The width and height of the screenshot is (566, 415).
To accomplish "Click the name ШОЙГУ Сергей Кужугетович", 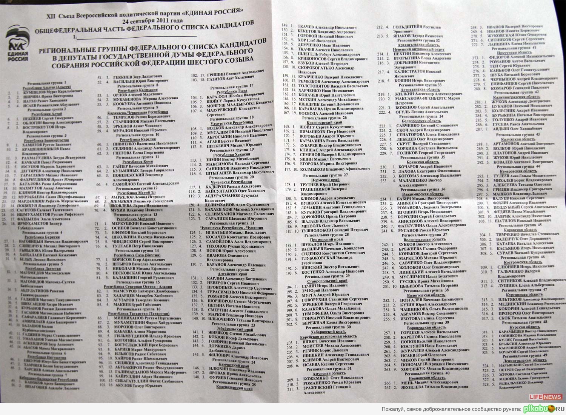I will pyautogui.click(x=323, y=127).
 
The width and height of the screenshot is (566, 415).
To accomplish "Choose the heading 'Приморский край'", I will pyautogui.click(x=326, y=239).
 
